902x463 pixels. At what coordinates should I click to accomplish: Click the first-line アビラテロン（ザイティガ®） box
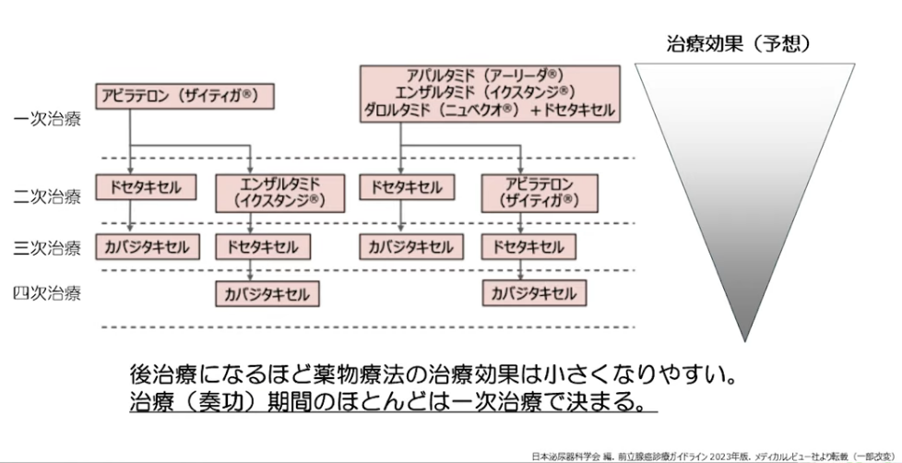tap(184, 96)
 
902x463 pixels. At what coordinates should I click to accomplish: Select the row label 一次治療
tap(47, 120)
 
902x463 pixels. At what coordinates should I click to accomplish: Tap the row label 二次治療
tap(47, 196)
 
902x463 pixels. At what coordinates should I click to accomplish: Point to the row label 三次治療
tap(47, 248)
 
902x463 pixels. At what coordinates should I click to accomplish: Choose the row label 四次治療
tap(47, 293)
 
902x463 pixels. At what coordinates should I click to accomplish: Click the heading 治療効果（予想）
tap(739, 43)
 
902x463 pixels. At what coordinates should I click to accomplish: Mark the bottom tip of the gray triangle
tap(745, 341)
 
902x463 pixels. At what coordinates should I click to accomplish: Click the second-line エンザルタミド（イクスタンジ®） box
tap(280, 194)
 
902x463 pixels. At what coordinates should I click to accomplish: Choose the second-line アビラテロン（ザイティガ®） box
tap(540, 194)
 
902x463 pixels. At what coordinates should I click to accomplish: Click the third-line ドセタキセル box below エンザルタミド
tap(263, 247)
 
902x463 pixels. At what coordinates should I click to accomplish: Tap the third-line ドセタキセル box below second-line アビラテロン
tap(528, 247)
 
